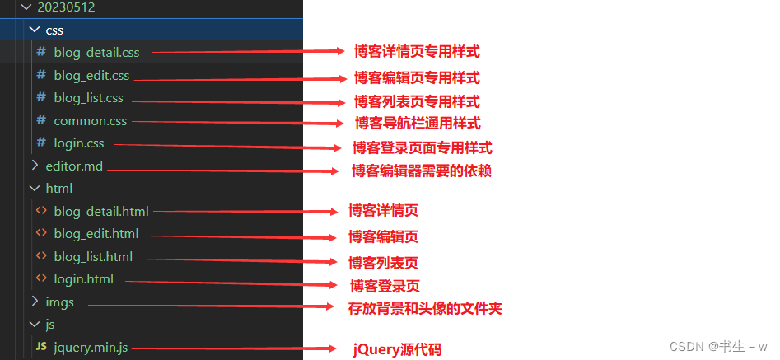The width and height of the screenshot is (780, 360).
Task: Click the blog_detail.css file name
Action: point(96,53)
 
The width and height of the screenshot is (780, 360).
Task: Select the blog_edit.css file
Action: point(91,76)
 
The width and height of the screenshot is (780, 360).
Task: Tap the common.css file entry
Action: point(91,121)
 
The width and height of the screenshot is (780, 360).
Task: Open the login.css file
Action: point(79,143)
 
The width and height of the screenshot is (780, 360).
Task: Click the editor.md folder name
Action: point(74,166)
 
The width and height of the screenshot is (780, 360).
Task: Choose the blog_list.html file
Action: point(93,256)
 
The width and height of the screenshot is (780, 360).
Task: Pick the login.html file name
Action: point(83,278)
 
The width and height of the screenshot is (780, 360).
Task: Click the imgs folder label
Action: point(59,302)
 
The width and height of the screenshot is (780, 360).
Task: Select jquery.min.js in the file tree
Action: point(91,348)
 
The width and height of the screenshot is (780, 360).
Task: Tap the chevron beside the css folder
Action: point(34,30)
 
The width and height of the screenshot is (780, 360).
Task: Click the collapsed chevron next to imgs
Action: point(34,302)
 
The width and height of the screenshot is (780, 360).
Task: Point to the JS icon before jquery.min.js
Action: point(40,348)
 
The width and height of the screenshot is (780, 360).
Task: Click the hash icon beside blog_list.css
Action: point(40,98)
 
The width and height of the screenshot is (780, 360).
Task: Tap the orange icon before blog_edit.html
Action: point(40,233)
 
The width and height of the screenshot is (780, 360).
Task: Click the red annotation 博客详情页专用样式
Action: point(416,51)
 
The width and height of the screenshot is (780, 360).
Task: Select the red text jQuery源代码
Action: point(397,349)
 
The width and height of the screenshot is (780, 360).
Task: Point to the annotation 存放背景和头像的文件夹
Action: point(425,308)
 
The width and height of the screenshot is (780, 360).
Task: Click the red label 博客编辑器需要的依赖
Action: point(422,171)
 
